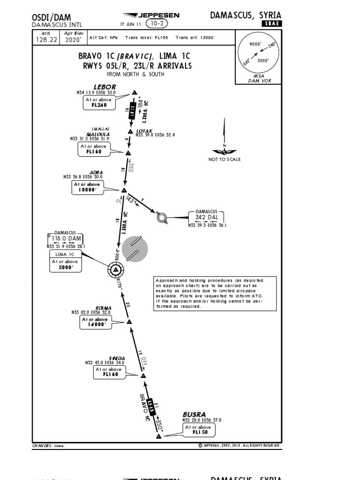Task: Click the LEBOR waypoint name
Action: pyautogui.click(x=105, y=87)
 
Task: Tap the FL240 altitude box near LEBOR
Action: pyautogui.click(x=99, y=103)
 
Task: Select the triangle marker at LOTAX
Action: pyautogui.click(x=131, y=132)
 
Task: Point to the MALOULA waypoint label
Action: pyautogui.click(x=98, y=134)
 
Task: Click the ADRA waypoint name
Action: pyautogui.click(x=96, y=172)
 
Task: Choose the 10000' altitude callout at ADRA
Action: pyautogui.click(x=87, y=187)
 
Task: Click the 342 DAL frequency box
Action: pyautogui.click(x=206, y=217)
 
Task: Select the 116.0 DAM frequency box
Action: pyautogui.click(x=66, y=239)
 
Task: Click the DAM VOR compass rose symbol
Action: pyautogui.click(x=115, y=270)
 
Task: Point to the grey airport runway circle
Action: pyautogui.click(x=135, y=248)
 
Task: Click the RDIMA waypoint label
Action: pyautogui.click(x=104, y=307)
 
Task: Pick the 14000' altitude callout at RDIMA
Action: pyautogui.click(x=96, y=322)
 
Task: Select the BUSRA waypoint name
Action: pyautogui.click(x=194, y=414)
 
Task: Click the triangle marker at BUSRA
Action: pyautogui.click(x=158, y=436)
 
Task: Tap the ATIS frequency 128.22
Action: pyautogui.click(x=46, y=40)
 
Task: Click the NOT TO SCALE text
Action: pyautogui.click(x=225, y=159)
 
